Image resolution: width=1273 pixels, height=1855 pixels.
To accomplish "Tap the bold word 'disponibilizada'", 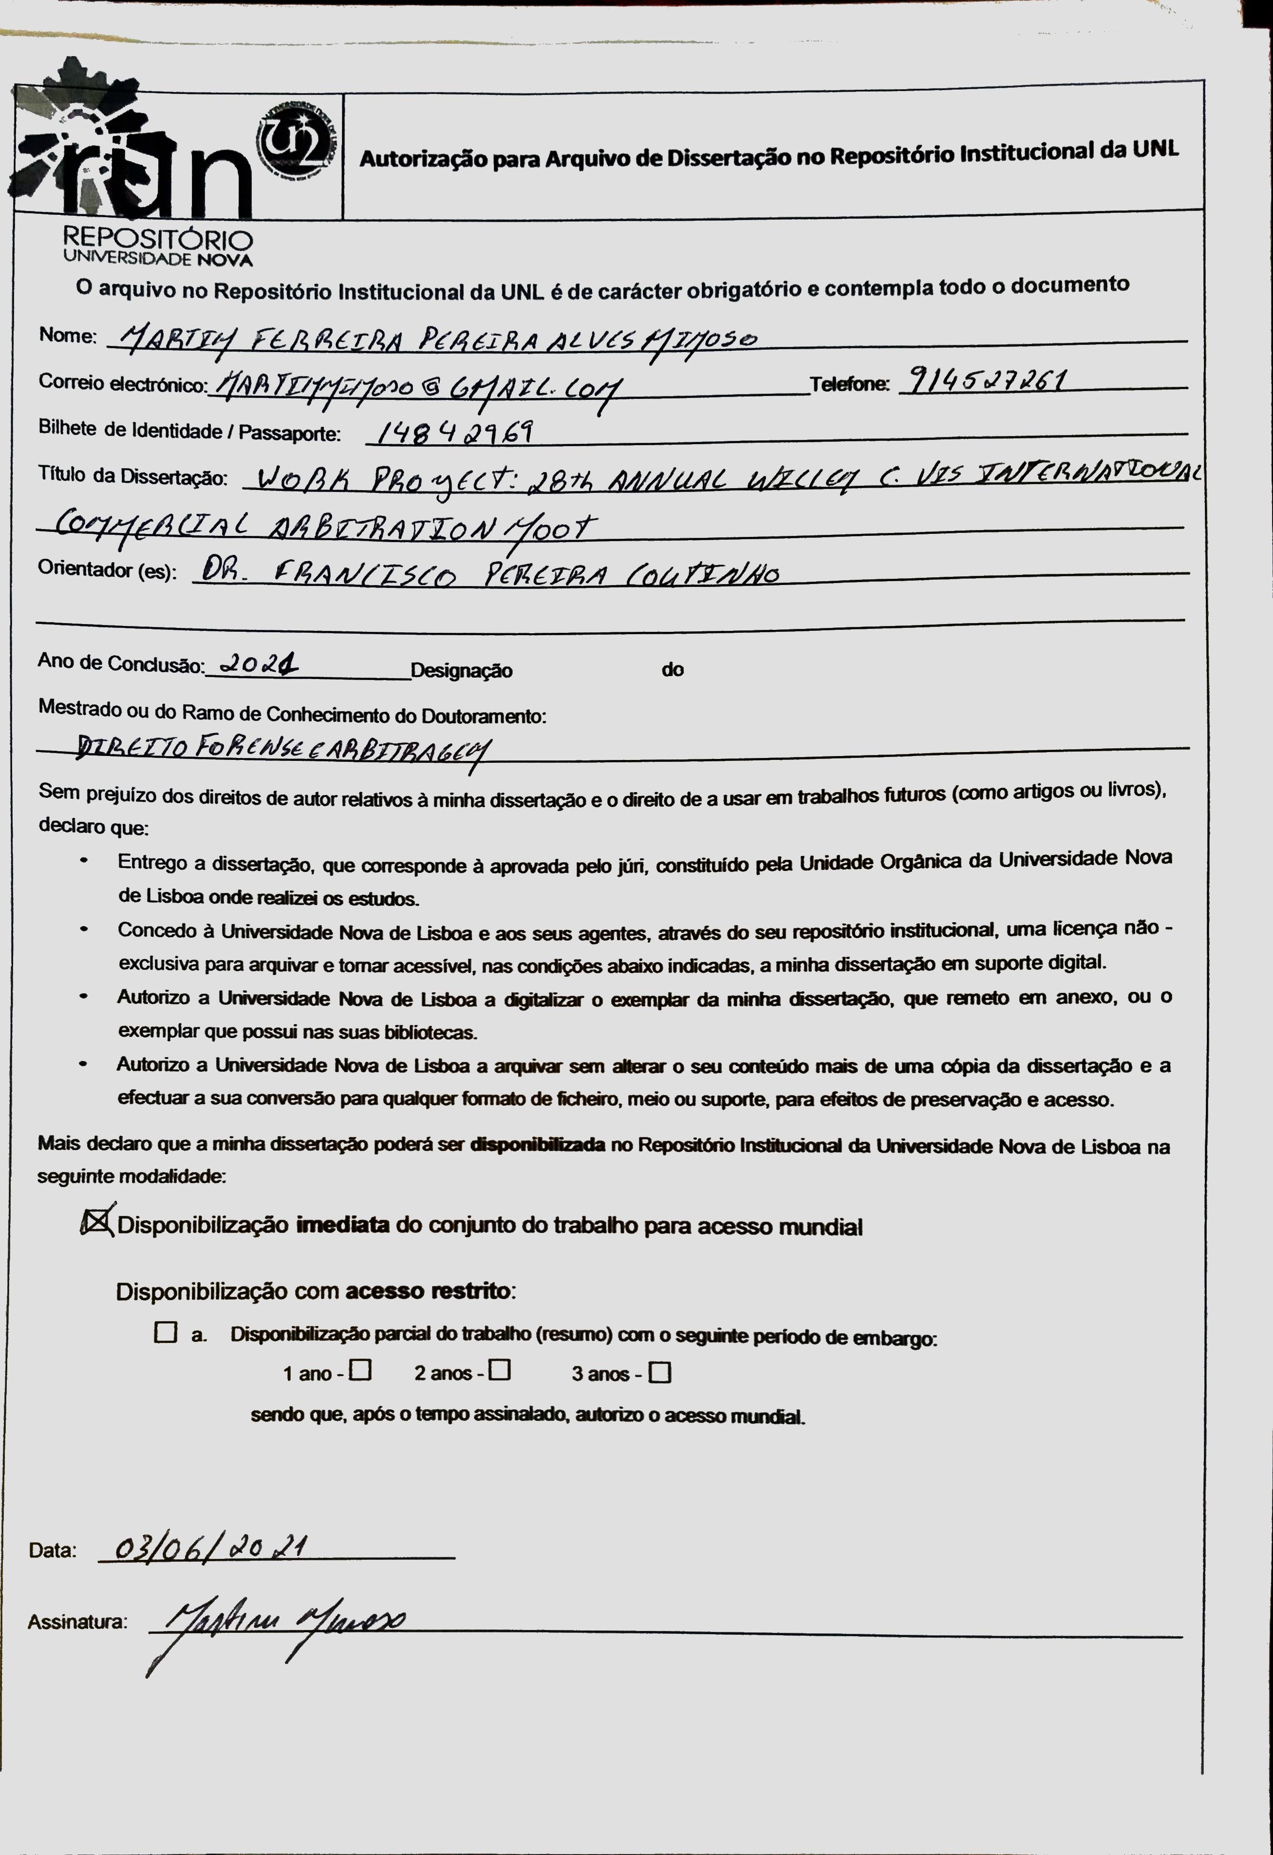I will tap(537, 1145).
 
